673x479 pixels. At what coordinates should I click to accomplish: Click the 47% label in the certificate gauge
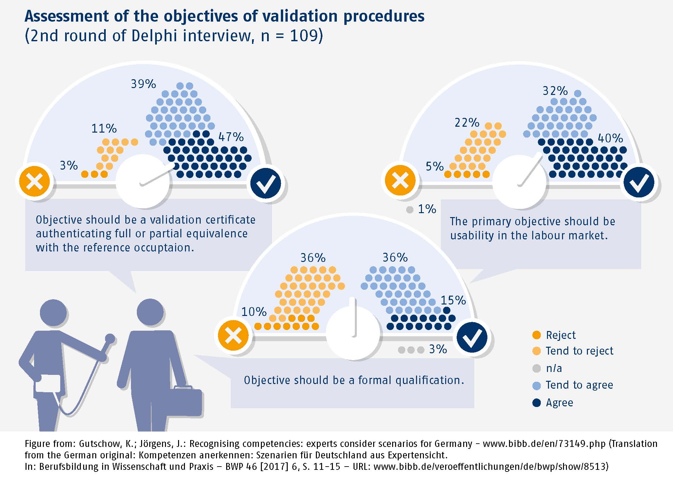[x=231, y=137]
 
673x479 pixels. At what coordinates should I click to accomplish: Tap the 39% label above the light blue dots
[x=143, y=84]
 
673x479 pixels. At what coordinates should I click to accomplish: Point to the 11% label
[x=104, y=128]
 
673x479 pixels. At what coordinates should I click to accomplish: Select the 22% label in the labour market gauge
[x=467, y=123]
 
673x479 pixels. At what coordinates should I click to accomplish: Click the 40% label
[x=610, y=138]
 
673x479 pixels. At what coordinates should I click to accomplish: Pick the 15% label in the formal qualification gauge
[x=453, y=300]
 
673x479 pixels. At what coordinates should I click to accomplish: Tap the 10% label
[x=254, y=312]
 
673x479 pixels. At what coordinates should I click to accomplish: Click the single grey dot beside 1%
[x=409, y=210]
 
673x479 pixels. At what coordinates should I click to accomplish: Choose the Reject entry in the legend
[x=560, y=335]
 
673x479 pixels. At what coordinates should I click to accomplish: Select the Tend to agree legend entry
[x=579, y=385]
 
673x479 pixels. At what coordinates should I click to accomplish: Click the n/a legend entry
[x=554, y=368]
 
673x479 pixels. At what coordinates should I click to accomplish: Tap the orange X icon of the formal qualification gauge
[x=233, y=336]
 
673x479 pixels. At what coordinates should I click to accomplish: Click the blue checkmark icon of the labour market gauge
[x=639, y=183]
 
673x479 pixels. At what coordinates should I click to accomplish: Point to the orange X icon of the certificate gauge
[x=34, y=181]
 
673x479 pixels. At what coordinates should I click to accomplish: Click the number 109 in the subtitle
[x=304, y=35]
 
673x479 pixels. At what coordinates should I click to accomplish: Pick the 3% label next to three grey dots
[x=438, y=349]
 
